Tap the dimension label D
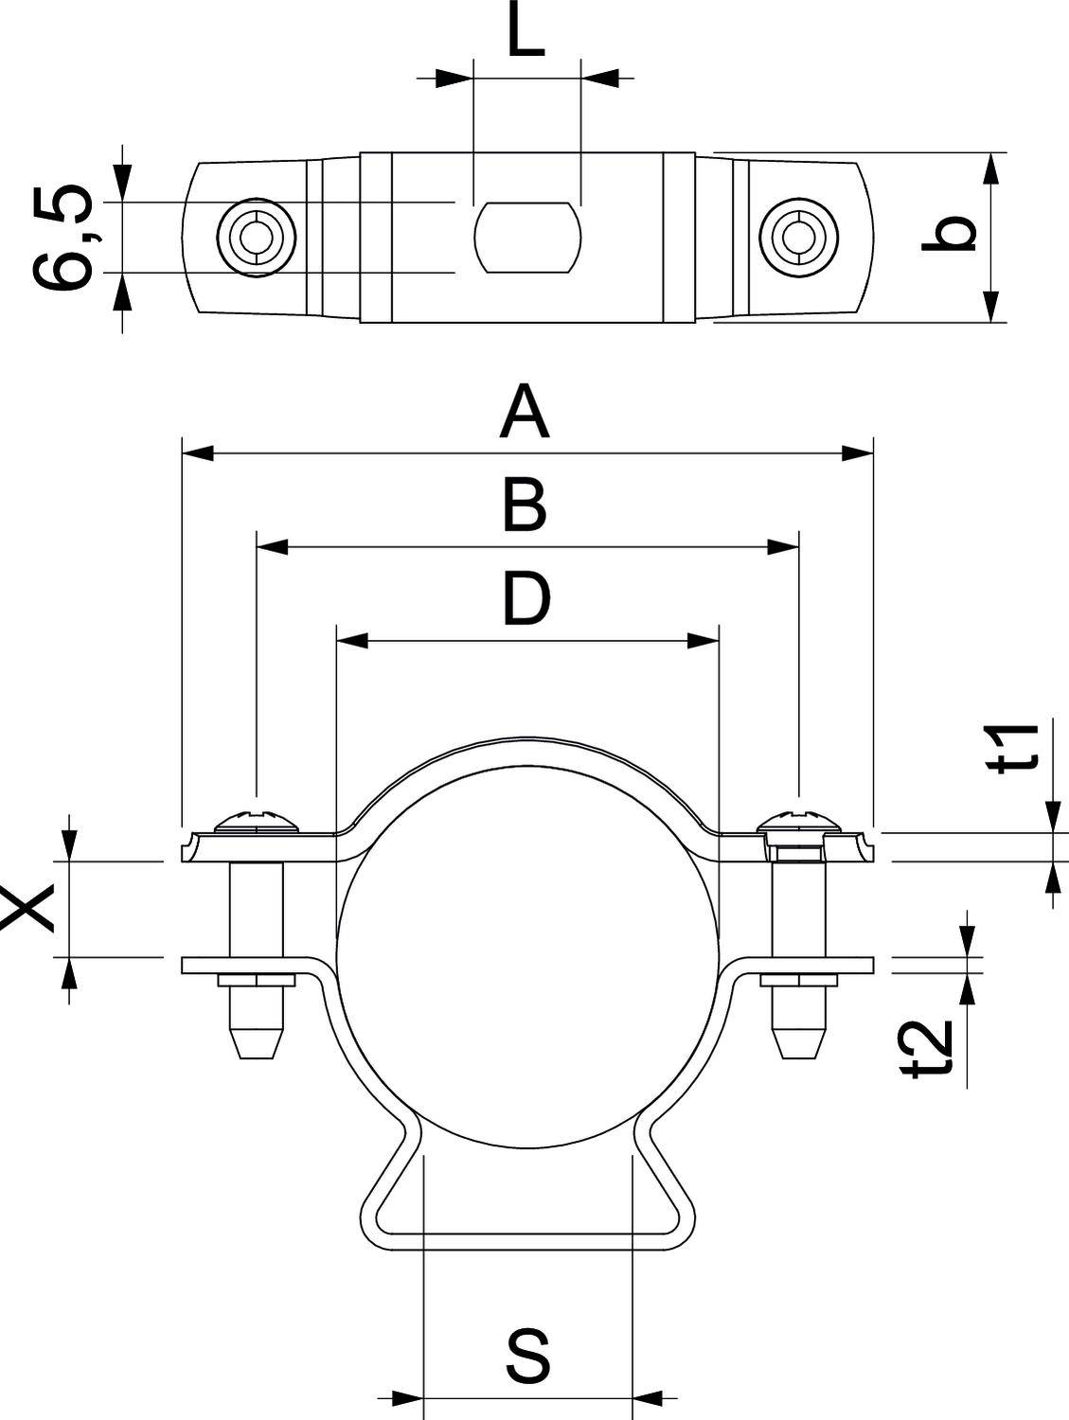(x=526, y=599)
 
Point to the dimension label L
(x=526, y=34)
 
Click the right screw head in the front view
(x=800, y=820)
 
